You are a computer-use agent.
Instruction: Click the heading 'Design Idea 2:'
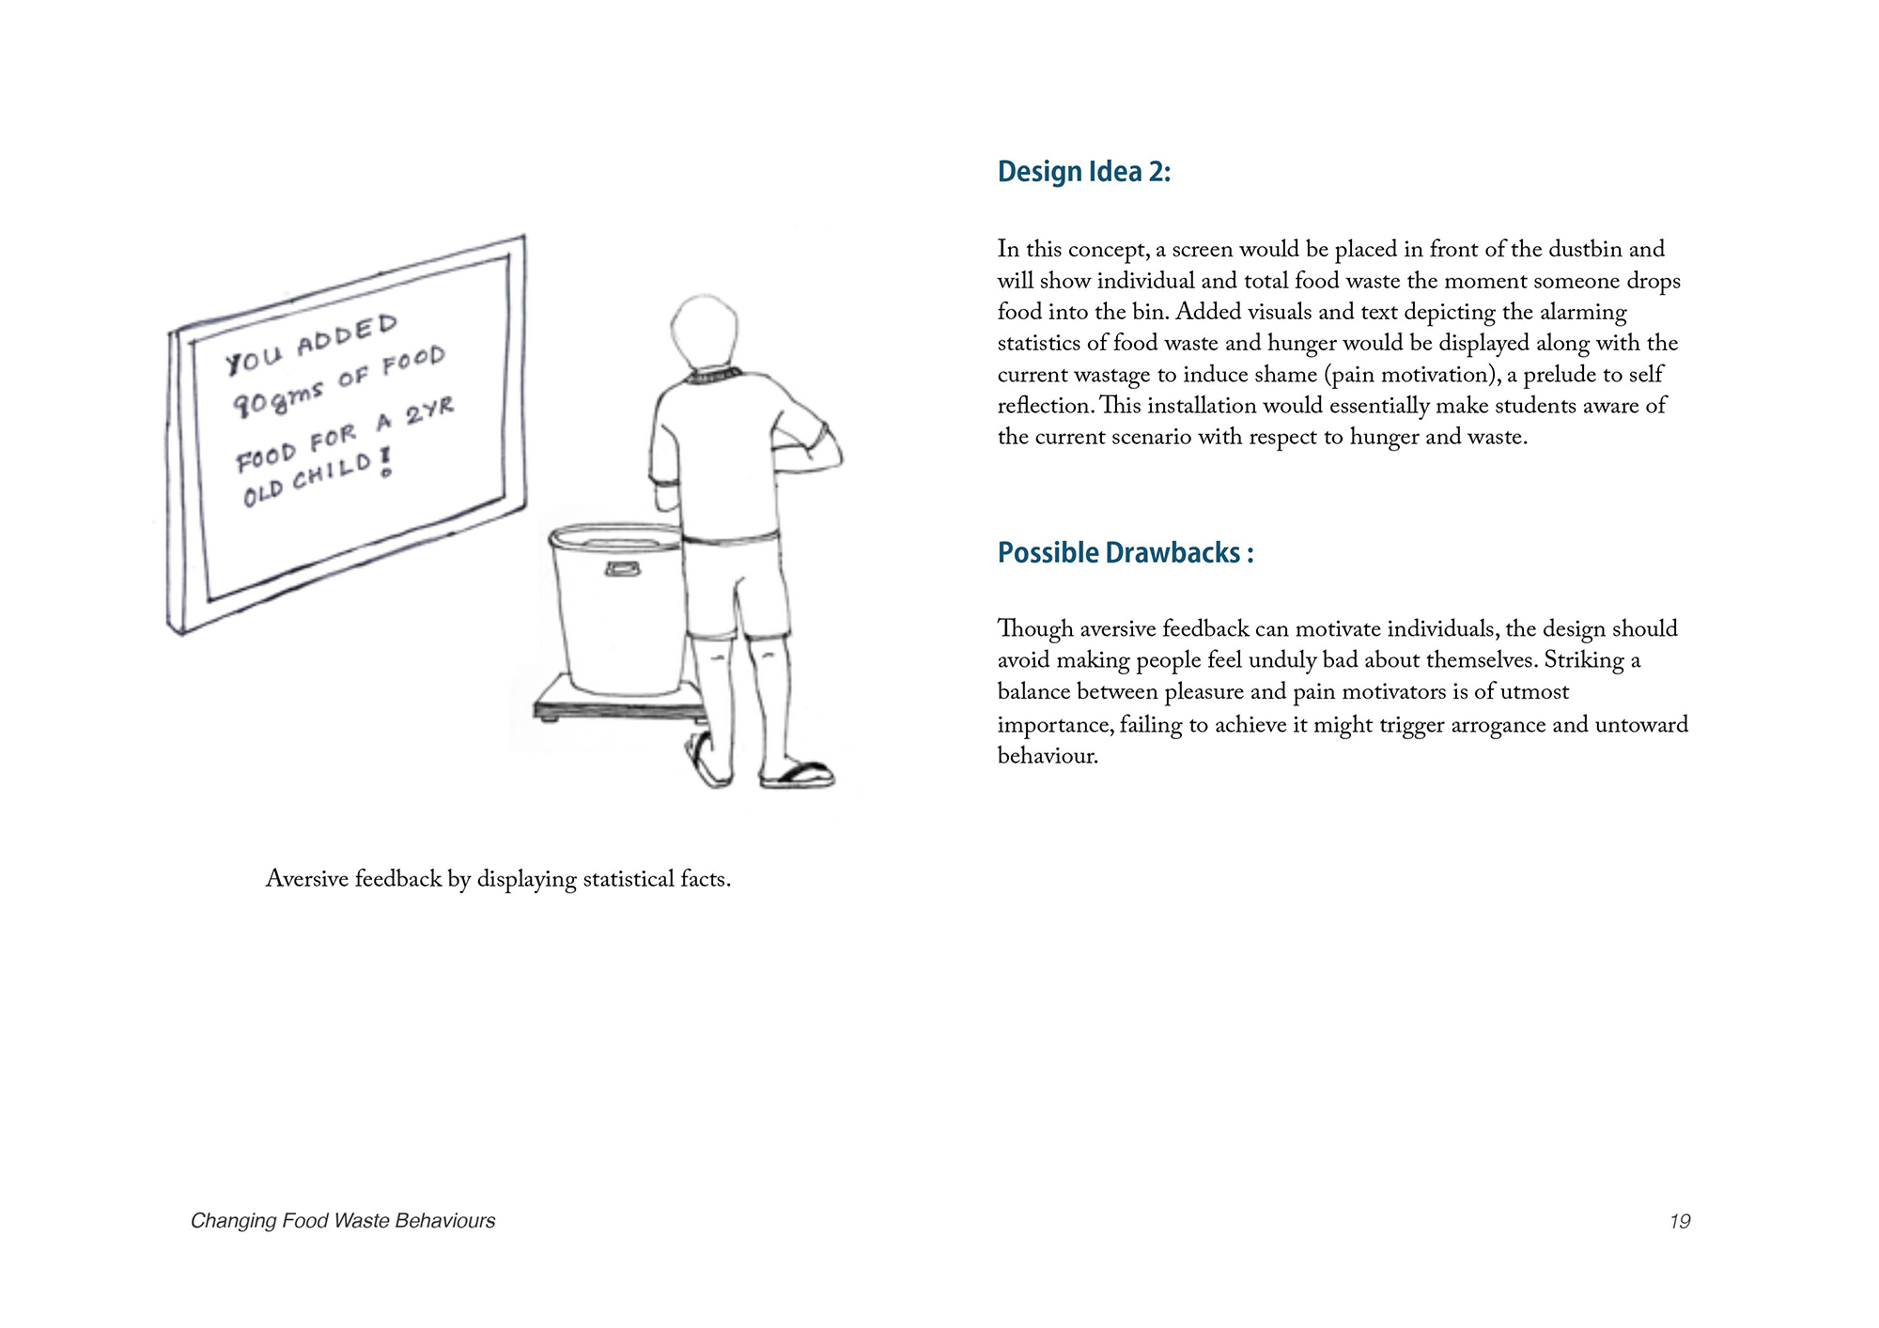1083,172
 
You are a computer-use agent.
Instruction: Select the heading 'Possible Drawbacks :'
1125,553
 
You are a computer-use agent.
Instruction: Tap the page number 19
1680,1221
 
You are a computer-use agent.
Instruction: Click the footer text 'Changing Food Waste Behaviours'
343,1221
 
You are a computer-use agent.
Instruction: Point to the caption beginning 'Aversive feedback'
498,879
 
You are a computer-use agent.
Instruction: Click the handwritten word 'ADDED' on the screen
348,336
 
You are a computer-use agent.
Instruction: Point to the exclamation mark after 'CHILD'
385,461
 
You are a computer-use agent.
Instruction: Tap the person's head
704,332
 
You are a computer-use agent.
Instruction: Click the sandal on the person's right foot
798,775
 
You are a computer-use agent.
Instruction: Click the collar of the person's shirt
713,377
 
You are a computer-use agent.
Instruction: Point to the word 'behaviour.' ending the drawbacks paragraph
1048,756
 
